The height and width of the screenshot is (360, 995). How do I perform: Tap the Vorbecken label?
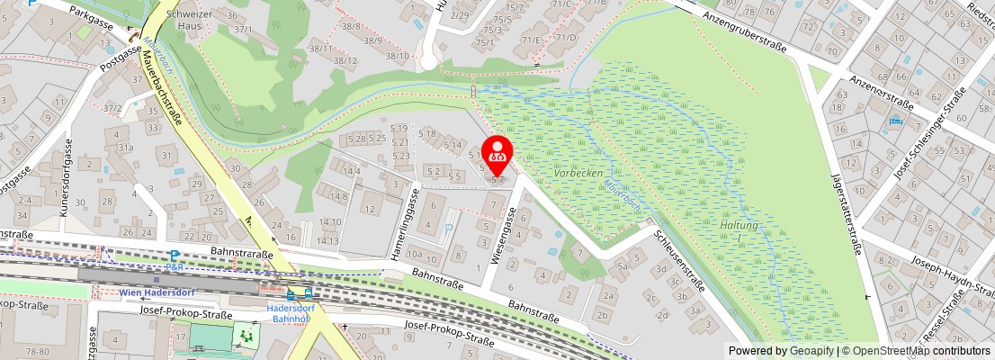[x=578, y=172]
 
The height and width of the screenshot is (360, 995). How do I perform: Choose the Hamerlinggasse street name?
[x=406, y=225]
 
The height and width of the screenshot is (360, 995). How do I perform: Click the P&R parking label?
[x=175, y=267]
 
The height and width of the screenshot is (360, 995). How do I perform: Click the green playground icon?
[x=245, y=337]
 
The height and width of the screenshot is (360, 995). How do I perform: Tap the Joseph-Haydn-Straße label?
[x=953, y=277]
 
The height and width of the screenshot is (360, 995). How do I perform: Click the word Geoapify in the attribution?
[x=811, y=351]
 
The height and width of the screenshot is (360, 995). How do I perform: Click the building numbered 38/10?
[x=397, y=56]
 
